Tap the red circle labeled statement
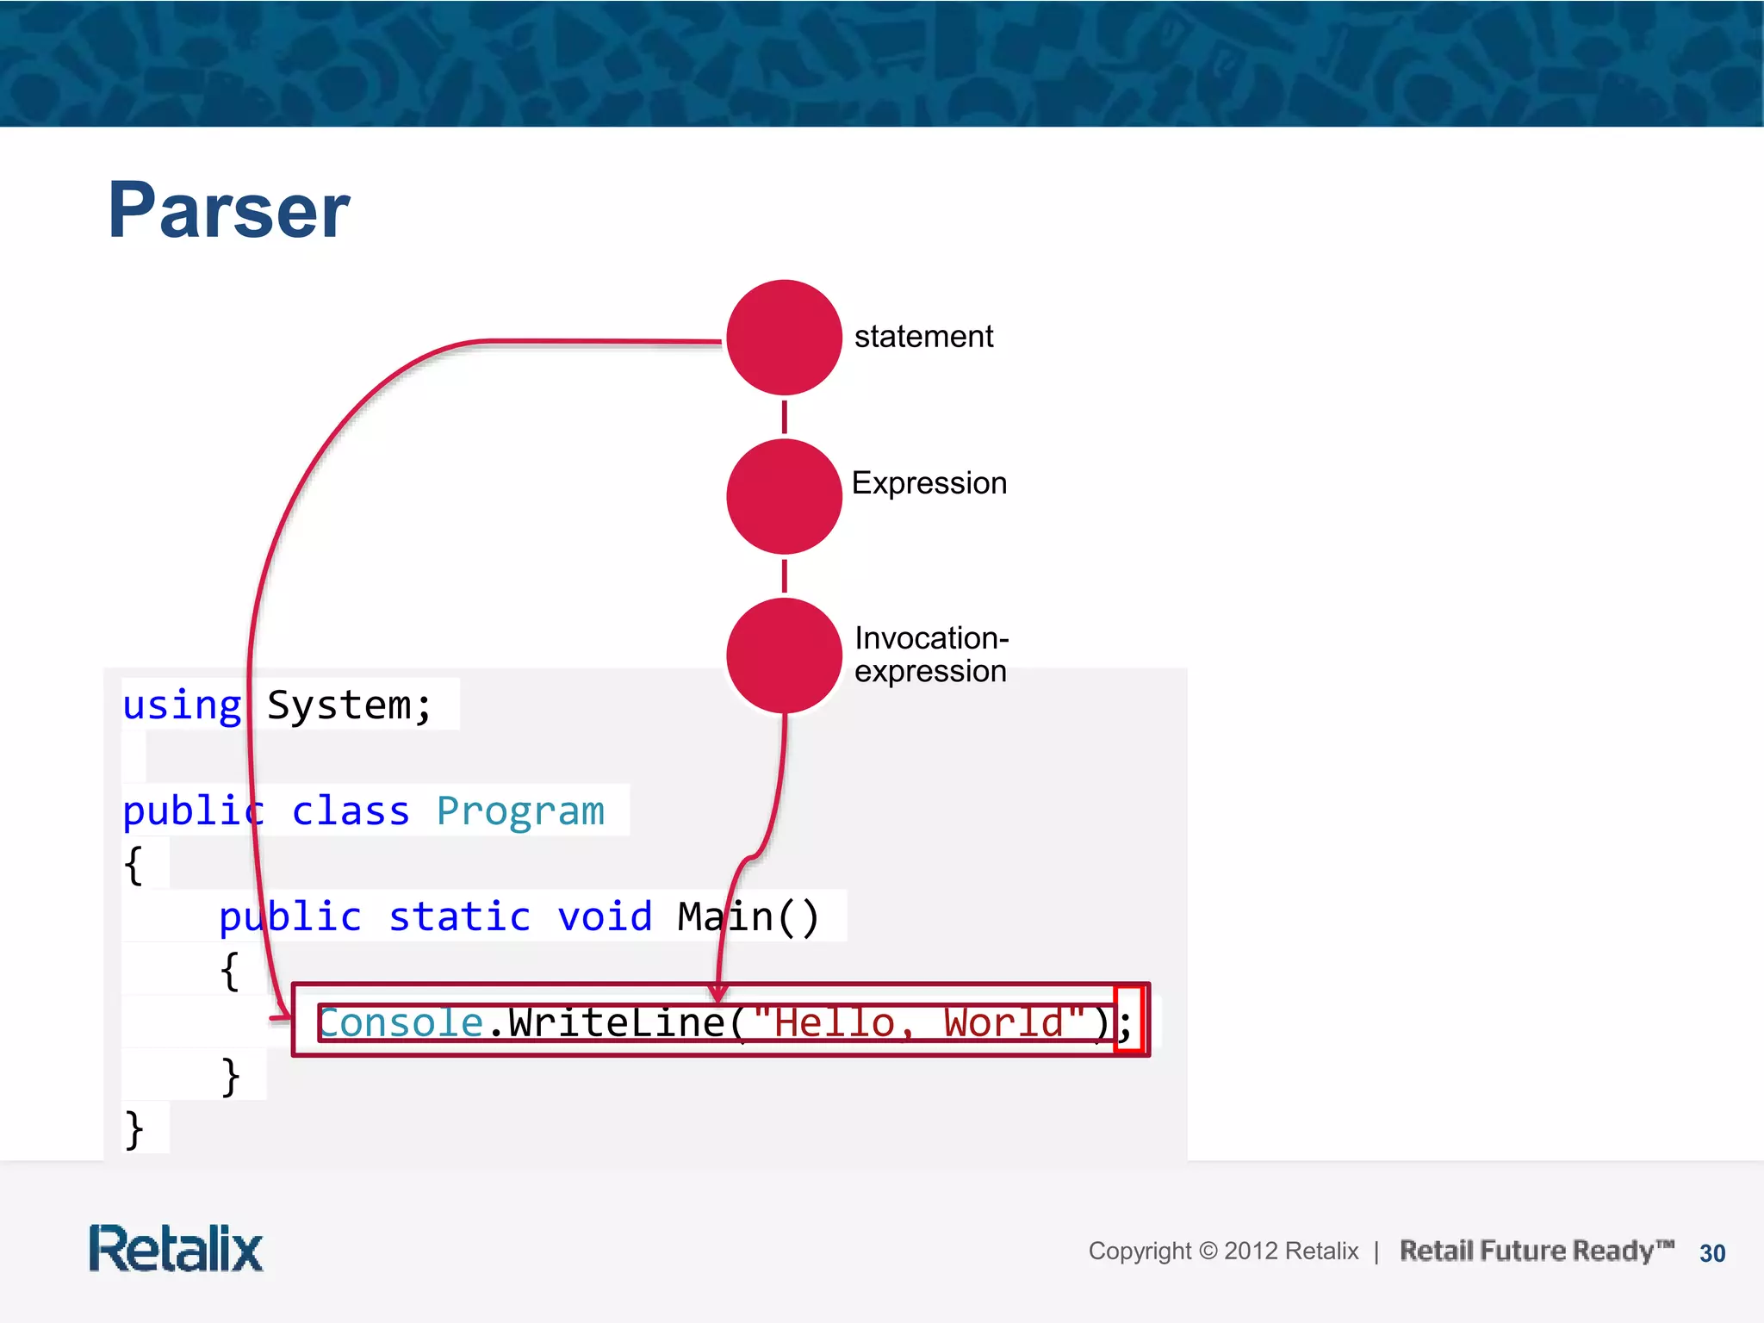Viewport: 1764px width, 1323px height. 784,337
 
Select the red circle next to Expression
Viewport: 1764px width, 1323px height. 784,496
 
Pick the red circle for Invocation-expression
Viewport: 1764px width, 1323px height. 784,655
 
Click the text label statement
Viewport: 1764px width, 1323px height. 923,337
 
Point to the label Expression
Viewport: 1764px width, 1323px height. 929,483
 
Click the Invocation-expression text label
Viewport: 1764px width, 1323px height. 930,655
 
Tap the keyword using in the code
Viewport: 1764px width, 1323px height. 182,705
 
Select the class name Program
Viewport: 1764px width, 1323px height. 520,811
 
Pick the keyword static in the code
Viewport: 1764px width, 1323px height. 459,916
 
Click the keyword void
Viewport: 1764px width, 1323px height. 605,916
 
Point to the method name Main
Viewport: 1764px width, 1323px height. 725,916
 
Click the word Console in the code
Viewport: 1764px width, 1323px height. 401,1023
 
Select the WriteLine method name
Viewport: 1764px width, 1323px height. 617,1023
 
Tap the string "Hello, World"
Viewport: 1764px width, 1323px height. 918,1023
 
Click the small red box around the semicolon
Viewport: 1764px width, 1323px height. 1128,1020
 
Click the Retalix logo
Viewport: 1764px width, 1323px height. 176,1249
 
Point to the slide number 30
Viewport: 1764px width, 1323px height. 1712,1253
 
